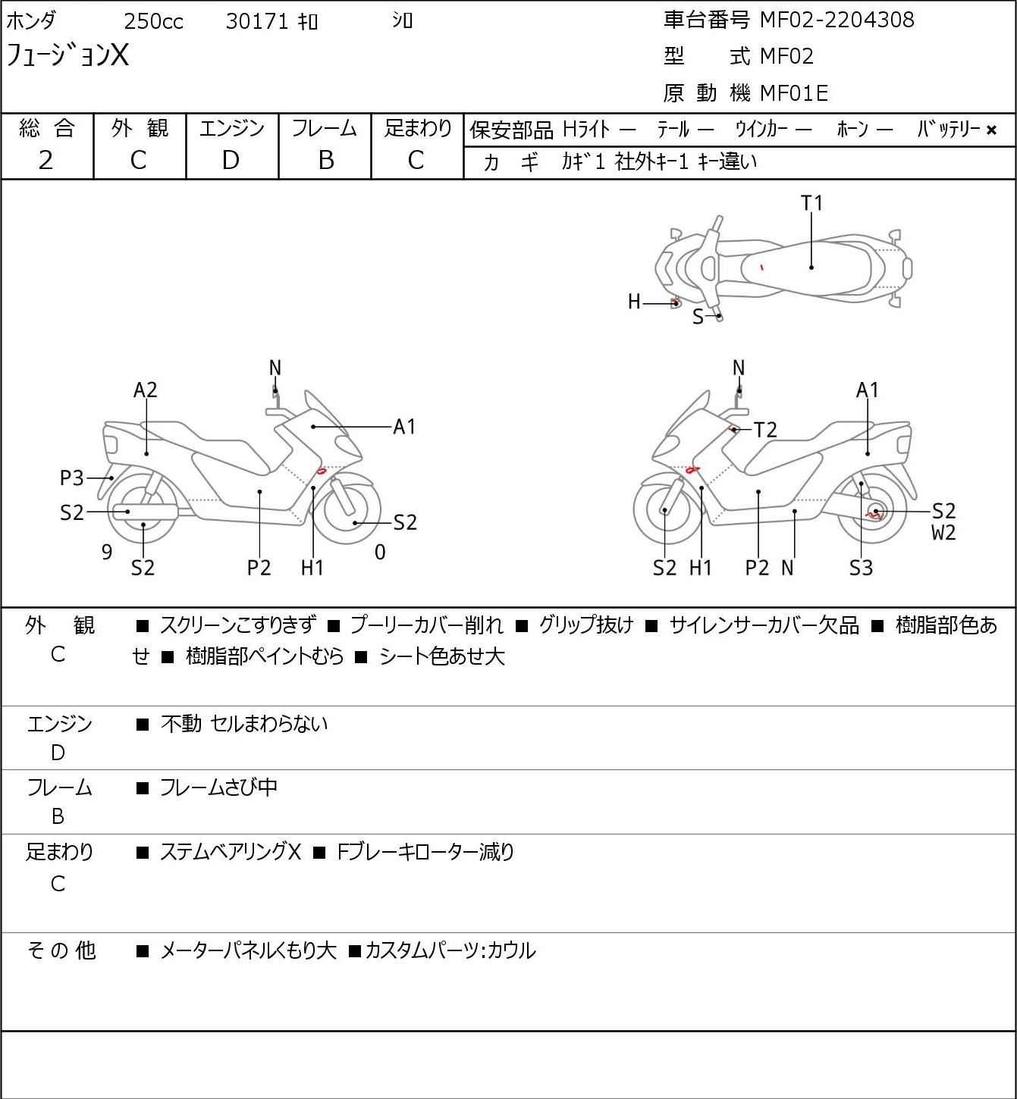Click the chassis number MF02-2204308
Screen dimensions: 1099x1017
[837, 20]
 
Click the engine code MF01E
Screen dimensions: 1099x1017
[793, 93]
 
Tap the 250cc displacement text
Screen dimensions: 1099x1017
[153, 21]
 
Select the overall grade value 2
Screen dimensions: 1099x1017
[46, 160]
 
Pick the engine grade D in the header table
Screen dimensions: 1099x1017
[231, 160]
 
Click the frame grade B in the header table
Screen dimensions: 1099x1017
[325, 160]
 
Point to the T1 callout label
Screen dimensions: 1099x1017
[811, 203]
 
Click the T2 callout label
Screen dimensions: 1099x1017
[766, 431]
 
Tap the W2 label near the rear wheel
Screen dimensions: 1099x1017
[943, 533]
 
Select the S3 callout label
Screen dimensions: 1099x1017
[861, 568]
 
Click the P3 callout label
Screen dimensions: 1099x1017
[72, 478]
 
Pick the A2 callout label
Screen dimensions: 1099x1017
[145, 390]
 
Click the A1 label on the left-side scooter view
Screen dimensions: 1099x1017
[404, 427]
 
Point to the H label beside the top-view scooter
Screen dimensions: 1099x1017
[634, 302]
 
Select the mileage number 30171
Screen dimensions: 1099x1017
[257, 21]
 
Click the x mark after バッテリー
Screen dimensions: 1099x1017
[991, 130]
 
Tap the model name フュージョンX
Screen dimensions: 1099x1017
[68, 56]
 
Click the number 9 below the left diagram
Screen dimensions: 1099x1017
[107, 553]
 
